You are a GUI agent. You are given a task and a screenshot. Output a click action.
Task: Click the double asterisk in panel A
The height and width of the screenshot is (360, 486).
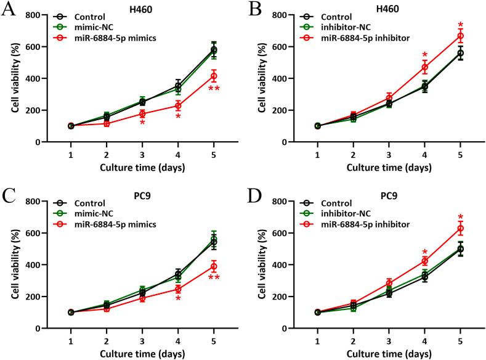pos(214,90)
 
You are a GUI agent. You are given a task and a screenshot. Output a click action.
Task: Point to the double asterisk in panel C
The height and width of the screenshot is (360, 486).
pos(214,279)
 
